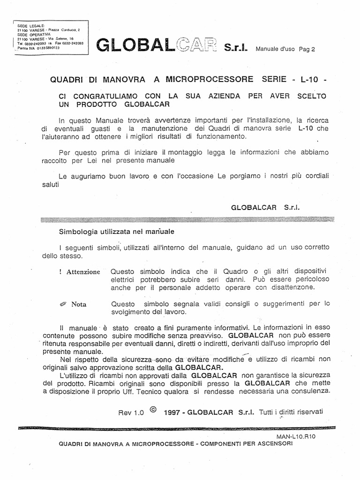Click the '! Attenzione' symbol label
pos(80,272)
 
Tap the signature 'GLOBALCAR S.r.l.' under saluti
pos(265,194)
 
